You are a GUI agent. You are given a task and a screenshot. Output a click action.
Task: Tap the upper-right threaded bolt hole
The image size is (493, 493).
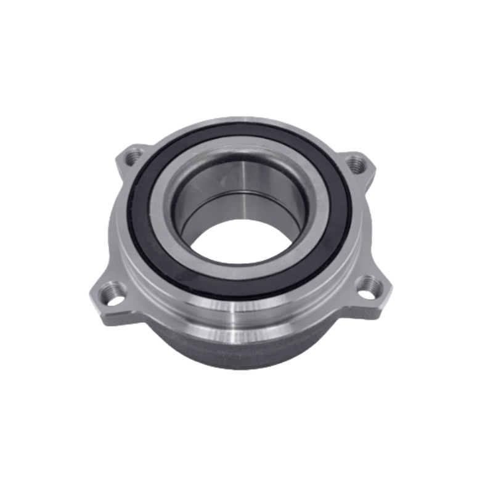(356, 165)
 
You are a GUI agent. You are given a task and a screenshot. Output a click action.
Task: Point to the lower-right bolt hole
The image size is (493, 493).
(370, 284)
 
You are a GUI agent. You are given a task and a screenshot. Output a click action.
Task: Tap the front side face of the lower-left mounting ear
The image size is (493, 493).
(114, 311)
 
